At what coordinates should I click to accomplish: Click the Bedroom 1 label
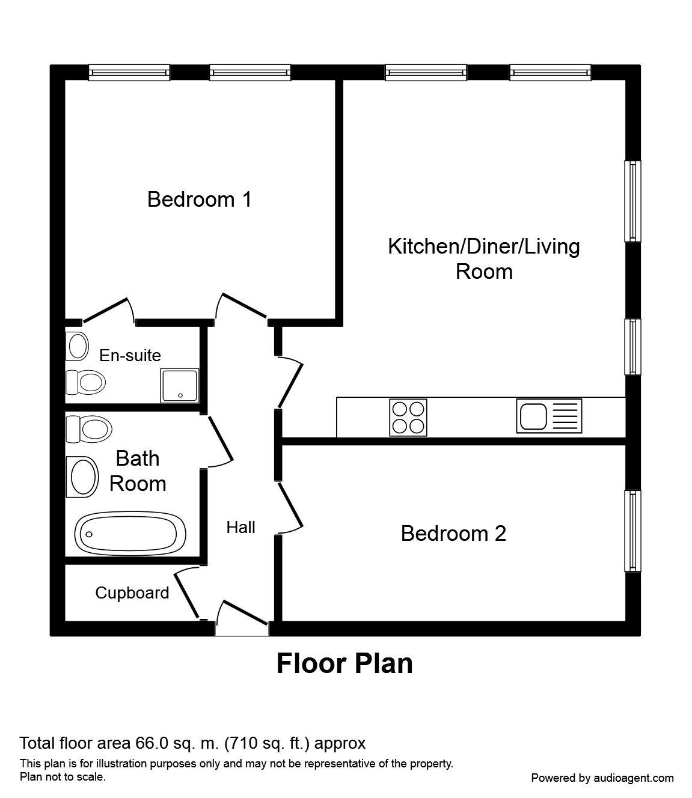tap(199, 199)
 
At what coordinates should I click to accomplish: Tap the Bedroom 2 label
tap(453, 533)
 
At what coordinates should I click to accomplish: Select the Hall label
tap(240, 527)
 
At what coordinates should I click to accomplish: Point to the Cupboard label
tap(132, 593)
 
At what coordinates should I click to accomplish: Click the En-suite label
tap(130, 355)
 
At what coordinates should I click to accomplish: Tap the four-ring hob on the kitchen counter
tap(409, 417)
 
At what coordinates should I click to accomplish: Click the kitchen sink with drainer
tap(549, 416)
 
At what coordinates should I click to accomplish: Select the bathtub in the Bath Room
tap(130, 533)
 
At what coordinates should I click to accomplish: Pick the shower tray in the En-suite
tap(179, 385)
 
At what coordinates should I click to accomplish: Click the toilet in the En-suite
tap(86, 382)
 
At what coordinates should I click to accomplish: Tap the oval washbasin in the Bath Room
tap(83, 477)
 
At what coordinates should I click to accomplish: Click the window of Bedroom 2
tap(632, 531)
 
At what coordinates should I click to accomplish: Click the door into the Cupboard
tap(188, 593)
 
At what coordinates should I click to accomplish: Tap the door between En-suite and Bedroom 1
tap(108, 310)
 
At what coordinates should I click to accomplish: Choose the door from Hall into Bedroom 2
tap(289, 507)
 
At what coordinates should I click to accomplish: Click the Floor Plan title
tap(344, 664)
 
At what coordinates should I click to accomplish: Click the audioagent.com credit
tap(602, 778)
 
